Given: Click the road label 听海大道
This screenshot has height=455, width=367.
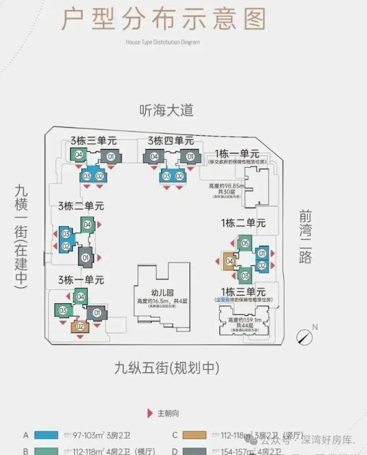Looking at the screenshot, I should point(166,110).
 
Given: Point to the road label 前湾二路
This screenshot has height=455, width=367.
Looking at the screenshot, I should point(306,236).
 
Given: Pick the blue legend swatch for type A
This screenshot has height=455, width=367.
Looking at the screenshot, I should point(47,435).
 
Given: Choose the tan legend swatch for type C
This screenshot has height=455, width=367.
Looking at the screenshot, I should point(194,435).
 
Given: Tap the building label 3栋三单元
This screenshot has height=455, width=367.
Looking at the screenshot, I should point(93,140).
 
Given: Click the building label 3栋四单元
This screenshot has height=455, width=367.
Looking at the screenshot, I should point(170,140).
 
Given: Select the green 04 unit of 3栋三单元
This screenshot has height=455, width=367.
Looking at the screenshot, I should point(78,155).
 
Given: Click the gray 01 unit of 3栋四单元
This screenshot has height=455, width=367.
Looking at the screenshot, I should point(190,157).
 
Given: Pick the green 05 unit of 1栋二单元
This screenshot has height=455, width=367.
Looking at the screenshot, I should point(245,244).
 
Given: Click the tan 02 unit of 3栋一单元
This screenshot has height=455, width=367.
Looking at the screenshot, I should point(79,326).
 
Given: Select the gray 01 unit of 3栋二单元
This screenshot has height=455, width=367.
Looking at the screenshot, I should point(85,258).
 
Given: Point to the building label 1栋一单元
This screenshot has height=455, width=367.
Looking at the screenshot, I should point(237,153).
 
